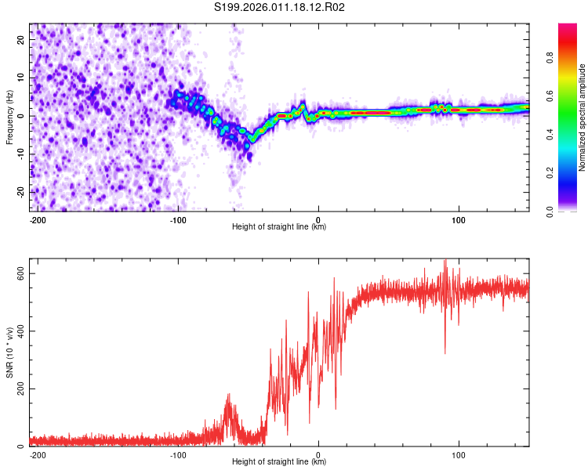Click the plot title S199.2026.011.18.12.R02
pyautogui.click(x=280, y=8)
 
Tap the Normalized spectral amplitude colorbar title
pyautogui.click(x=583, y=117)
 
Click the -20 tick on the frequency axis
pyautogui.click(x=20, y=192)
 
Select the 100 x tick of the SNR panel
pyautogui.click(x=458, y=454)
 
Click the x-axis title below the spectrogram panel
pyautogui.click(x=279, y=227)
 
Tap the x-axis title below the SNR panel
pyautogui.click(x=279, y=462)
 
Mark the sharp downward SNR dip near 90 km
pyautogui.click(x=445, y=352)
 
